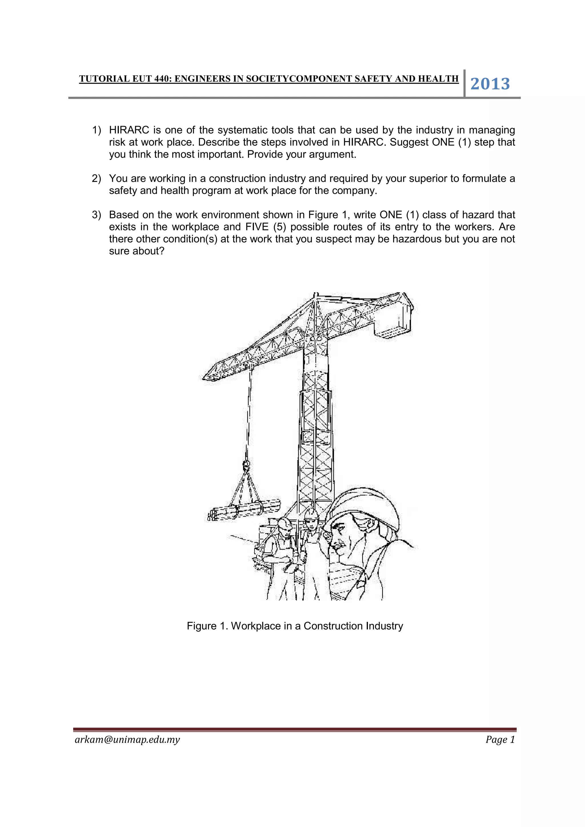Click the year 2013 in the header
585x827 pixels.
[490, 84]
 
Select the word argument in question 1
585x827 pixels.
[332, 154]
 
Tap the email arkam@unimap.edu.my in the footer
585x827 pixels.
[127, 739]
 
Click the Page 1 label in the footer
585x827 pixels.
[500, 739]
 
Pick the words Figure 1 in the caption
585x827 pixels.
[207, 626]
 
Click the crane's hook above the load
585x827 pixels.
[247, 465]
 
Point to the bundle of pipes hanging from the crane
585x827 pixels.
[244, 509]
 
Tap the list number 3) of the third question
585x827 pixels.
[97, 215]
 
